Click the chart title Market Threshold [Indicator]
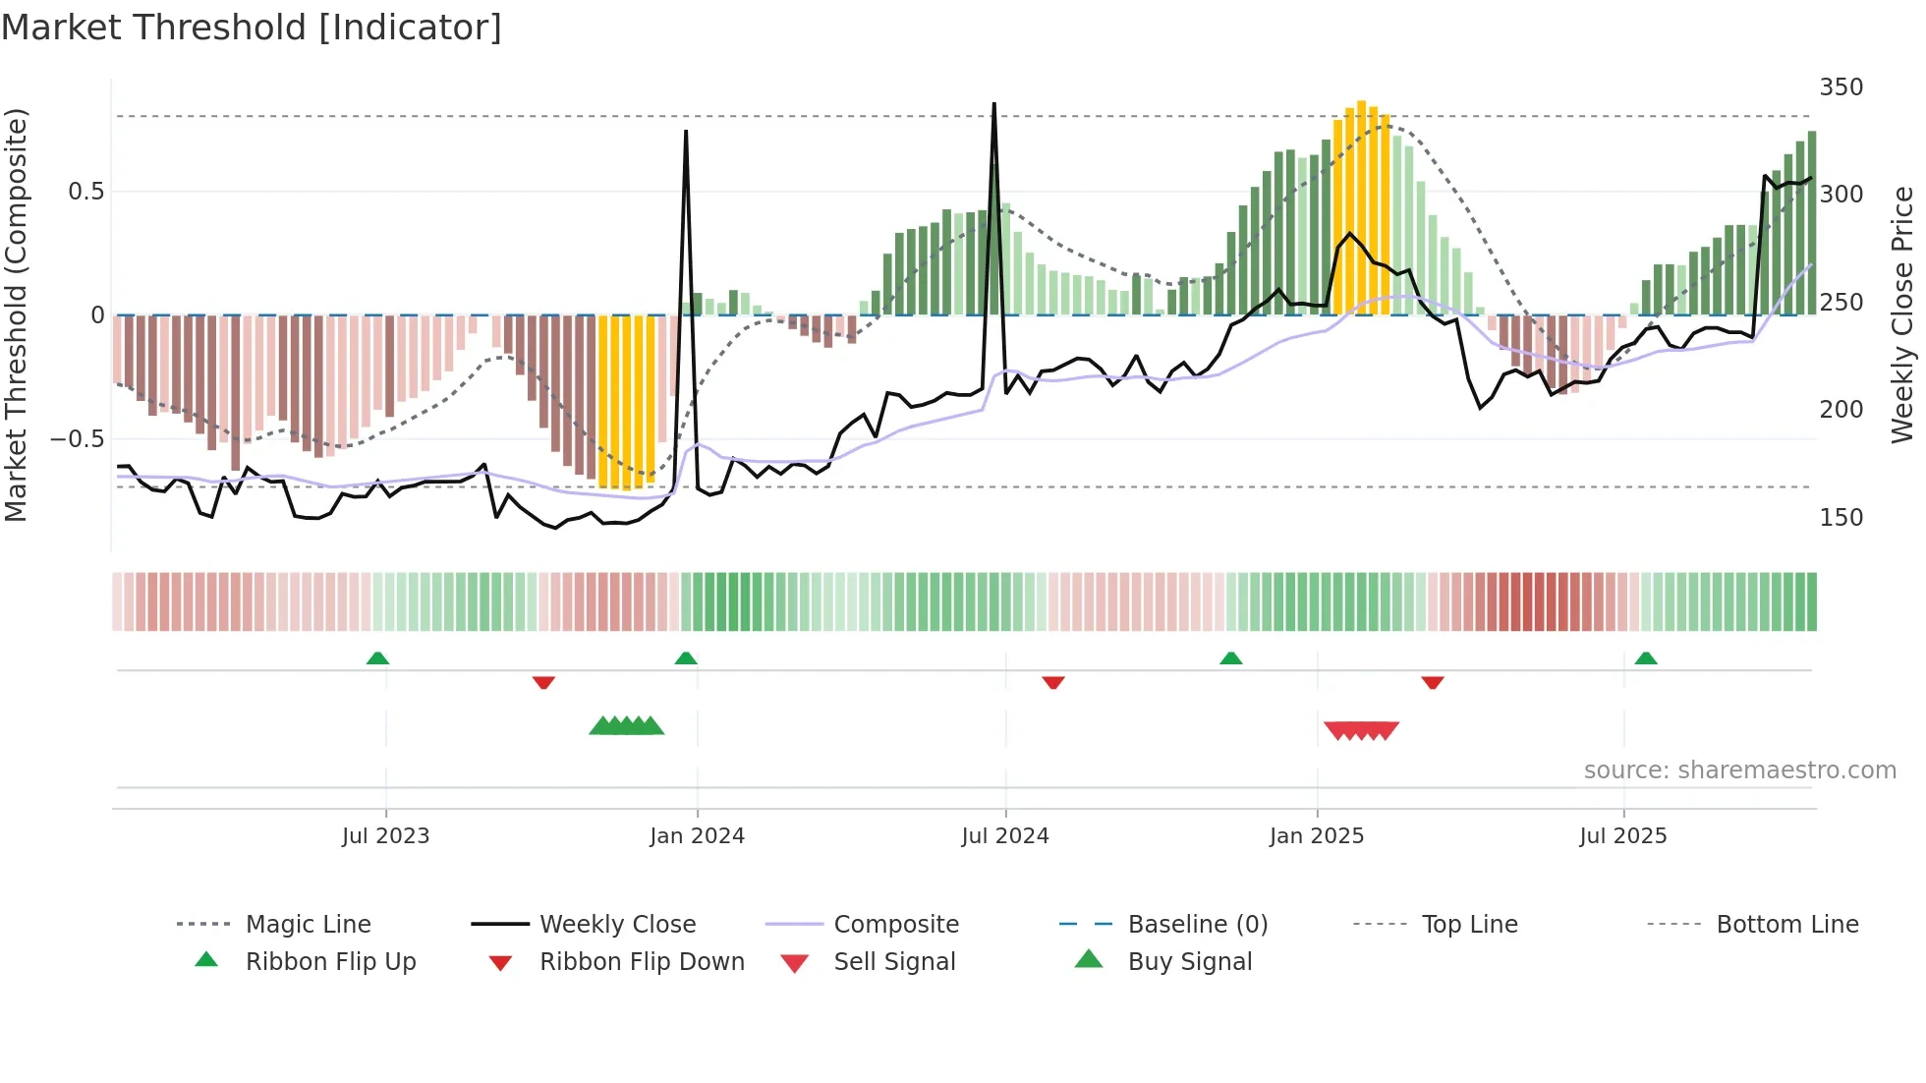tap(252, 28)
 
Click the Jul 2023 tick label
tap(385, 835)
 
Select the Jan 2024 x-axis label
tap(697, 835)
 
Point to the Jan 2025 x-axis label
tap(1316, 835)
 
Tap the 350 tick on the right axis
tap(1841, 87)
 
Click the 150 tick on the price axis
tap(1841, 517)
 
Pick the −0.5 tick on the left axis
tap(77, 438)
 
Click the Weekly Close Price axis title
tap(1902, 314)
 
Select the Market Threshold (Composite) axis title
tap(16, 314)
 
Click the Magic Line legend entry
tap(308, 924)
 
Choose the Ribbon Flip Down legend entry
tap(641, 961)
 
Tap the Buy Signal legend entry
tap(1189, 961)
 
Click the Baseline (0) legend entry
tap(1197, 924)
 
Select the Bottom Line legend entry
tap(1786, 924)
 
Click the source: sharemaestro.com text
tap(1739, 769)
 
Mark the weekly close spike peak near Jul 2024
tap(994, 104)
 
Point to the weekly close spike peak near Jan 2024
tap(686, 132)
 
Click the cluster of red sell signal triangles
tap(1361, 730)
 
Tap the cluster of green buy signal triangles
tap(627, 726)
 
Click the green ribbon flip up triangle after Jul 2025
tap(1646, 658)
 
